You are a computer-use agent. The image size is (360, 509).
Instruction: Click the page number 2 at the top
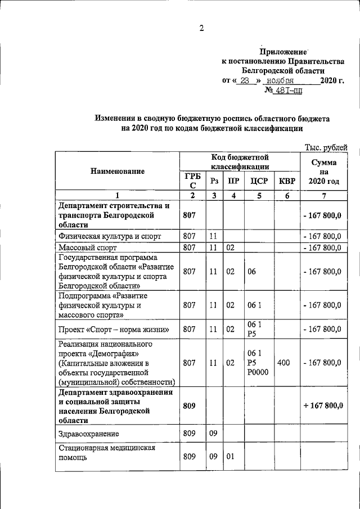coord(201,29)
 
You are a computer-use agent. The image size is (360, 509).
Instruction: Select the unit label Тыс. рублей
coord(326,147)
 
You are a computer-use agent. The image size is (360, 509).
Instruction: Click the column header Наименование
coord(117,171)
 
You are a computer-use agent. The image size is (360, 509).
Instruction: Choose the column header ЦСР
coord(258,181)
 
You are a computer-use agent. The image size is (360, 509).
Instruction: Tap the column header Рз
coord(214,181)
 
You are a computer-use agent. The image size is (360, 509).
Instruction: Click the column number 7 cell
coord(323,195)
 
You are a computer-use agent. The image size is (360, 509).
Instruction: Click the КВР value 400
coord(284,363)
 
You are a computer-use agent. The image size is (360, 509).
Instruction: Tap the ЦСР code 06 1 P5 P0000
coord(255,363)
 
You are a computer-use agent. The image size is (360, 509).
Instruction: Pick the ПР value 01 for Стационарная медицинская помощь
coord(230,456)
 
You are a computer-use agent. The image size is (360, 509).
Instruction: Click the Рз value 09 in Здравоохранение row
coord(213,434)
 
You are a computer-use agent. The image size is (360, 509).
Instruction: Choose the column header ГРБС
coord(192,181)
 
